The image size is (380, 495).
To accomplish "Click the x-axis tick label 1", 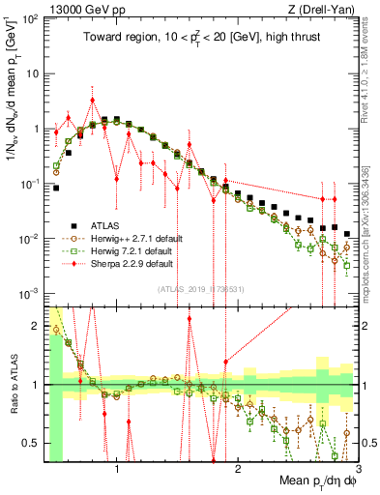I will [117, 470].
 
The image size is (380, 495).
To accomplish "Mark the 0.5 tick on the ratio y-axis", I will [36, 443].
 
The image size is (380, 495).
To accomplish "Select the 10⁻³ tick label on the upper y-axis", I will [31, 293].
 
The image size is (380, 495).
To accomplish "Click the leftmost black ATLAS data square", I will [56, 188].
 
